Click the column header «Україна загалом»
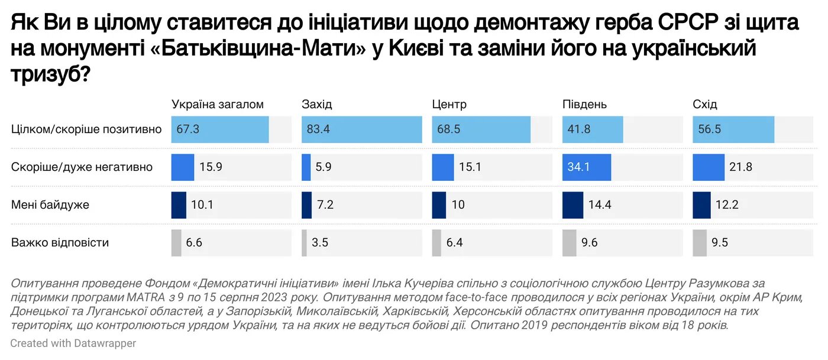[217, 105]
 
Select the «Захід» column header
[317, 105]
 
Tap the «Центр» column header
[449, 105]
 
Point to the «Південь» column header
[584, 105]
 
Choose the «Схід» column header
[704, 105]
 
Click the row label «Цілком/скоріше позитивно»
[86, 129]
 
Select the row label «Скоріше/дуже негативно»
[82, 167]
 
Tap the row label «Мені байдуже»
[50, 205]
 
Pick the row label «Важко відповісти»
[60, 243]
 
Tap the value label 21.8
[740, 167]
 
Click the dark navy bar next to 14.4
[573, 205]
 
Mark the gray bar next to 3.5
[304, 243]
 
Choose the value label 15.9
[210, 167]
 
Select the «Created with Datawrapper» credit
[73, 343]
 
